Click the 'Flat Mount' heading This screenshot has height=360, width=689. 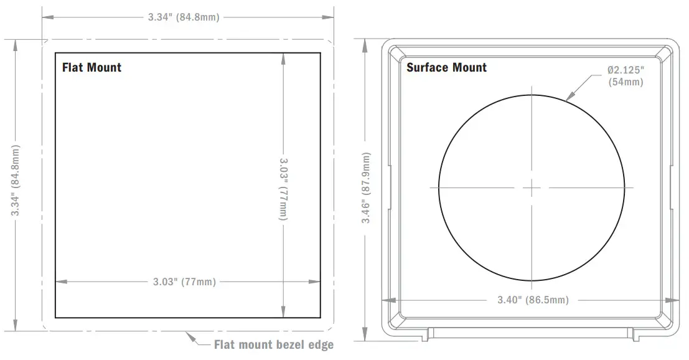(91, 67)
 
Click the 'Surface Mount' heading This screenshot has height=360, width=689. (446, 67)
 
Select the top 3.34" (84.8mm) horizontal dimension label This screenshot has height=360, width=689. (184, 17)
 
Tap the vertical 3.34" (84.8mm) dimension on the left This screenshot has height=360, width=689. (16, 181)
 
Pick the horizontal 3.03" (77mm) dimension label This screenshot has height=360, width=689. (185, 282)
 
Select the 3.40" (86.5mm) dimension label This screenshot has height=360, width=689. (533, 300)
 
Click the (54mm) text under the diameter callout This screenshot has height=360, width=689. (626, 82)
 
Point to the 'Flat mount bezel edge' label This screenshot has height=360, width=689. (274, 344)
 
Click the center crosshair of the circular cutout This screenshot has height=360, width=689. (532, 187)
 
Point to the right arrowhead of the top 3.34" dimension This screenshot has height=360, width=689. (330, 17)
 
